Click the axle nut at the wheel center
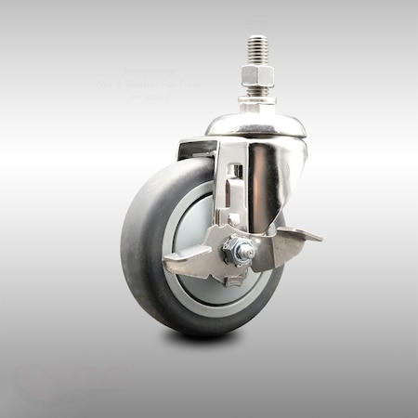click(240, 250)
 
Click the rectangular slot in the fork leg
click(237, 173)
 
